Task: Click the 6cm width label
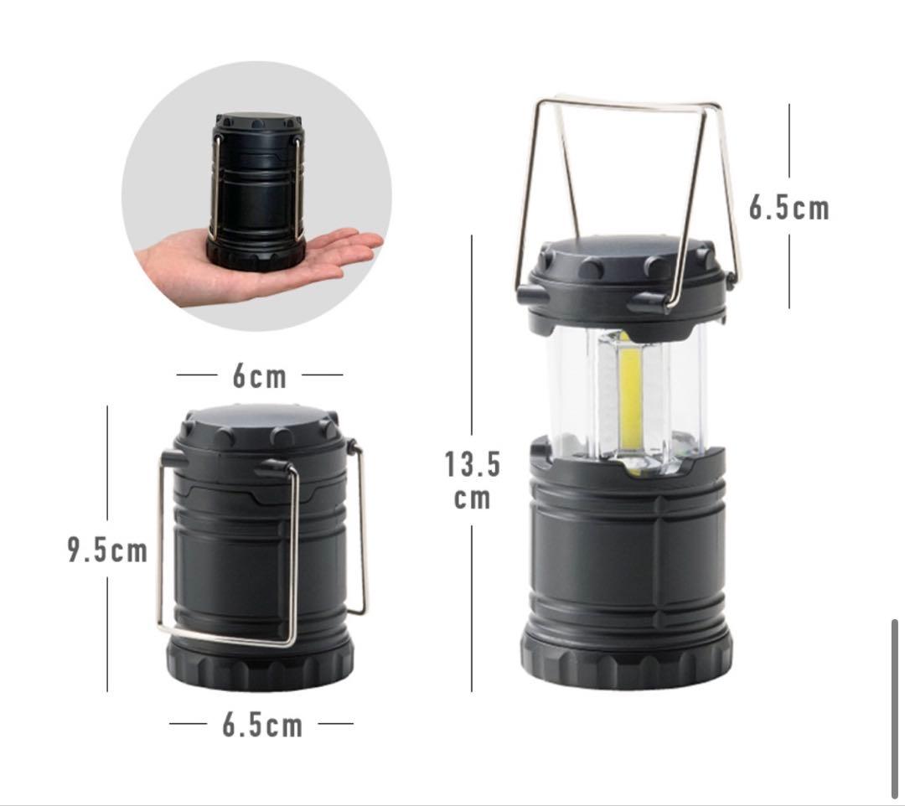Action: (x=260, y=376)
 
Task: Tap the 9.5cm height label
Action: (x=107, y=550)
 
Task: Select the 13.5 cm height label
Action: (x=472, y=480)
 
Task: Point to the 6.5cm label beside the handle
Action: (x=789, y=207)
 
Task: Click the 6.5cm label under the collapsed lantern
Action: (x=262, y=725)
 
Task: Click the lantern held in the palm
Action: (x=258, y=190)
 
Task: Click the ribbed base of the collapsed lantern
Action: (x=260, y=663)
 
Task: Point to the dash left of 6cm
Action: (x=196, y=375)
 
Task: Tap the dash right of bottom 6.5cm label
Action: (x=335, y=722)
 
